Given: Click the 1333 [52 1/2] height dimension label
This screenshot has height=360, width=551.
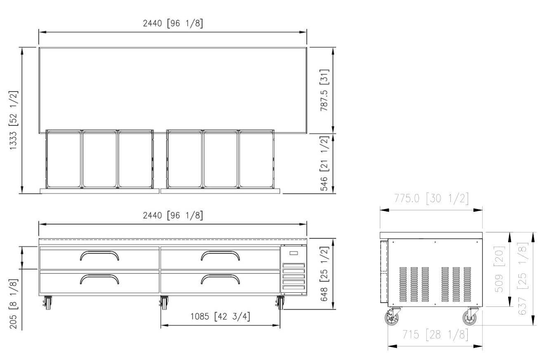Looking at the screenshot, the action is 14,120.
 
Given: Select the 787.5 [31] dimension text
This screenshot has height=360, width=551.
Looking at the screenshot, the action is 324,90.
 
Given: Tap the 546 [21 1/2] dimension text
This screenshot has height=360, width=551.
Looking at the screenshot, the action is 324,163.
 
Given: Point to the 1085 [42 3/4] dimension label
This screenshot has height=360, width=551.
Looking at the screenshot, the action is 220,316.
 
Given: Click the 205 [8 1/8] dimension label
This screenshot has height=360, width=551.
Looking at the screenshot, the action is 14,304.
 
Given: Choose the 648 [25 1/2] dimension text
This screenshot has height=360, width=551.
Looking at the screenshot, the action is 324,274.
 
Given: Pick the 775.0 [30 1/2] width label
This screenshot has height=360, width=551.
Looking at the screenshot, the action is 431,198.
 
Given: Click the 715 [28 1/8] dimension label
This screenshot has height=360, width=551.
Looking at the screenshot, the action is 435,335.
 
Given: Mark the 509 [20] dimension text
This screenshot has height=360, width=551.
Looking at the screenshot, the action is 499,269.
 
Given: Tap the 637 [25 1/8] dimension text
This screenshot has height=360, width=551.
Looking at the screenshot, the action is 523,278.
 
